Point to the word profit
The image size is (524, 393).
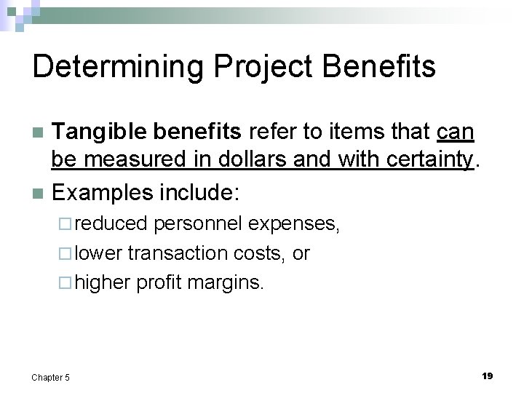pyautogui.click(x=159, y=282)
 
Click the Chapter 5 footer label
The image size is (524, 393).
pyautogui.click(x=51, y=377)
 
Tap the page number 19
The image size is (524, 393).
pyautogui.click(x=487, y=376)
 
